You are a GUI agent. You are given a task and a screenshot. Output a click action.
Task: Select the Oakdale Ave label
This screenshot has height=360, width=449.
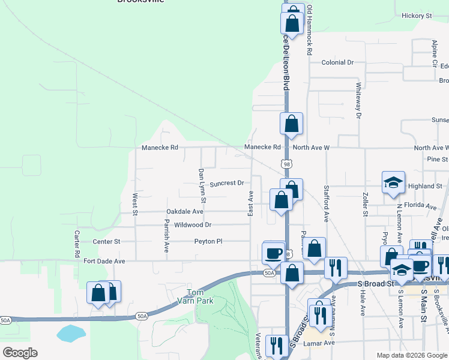pyautogui.click(x=185, y=212)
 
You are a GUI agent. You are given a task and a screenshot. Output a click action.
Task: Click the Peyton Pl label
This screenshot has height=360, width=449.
pyautogui.click(x=208, y=241)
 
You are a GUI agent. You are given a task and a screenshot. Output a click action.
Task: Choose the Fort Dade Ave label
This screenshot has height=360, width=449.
pyautogui.click(x=104, y=262)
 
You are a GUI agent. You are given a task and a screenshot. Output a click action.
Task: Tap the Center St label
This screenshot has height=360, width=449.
pyautogui.click(x=107, y=241)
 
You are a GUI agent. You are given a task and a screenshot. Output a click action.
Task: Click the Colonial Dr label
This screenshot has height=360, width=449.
pyautogui.click(x=338, y=62)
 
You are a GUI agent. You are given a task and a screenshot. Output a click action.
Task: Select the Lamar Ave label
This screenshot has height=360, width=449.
pyautogui.click(x=319, y=343)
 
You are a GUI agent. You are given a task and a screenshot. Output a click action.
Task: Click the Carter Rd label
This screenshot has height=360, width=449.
pyautogui.click(x=77, y=244)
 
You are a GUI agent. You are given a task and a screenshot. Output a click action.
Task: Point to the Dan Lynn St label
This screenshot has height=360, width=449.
pyautogui.click(x=202, y=184)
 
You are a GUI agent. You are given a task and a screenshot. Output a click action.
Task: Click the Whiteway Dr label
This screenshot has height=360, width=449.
pyautogui.click(x=358, y=100)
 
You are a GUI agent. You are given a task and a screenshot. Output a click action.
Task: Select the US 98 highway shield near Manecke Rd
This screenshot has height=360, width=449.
pyautogui.click(x=287, y=163)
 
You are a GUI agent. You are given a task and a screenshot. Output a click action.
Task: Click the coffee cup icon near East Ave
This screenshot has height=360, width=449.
pyautogui.click(x=274, y=252)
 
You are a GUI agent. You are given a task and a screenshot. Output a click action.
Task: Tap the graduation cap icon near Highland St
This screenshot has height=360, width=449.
pyautogui.click(x=394, y=182)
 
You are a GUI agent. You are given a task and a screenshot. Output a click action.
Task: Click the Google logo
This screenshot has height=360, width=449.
pyautogui.click(x=20, y=353)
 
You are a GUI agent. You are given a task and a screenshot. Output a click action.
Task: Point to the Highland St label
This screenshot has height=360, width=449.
pyautogui.click(x=424, y=186)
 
